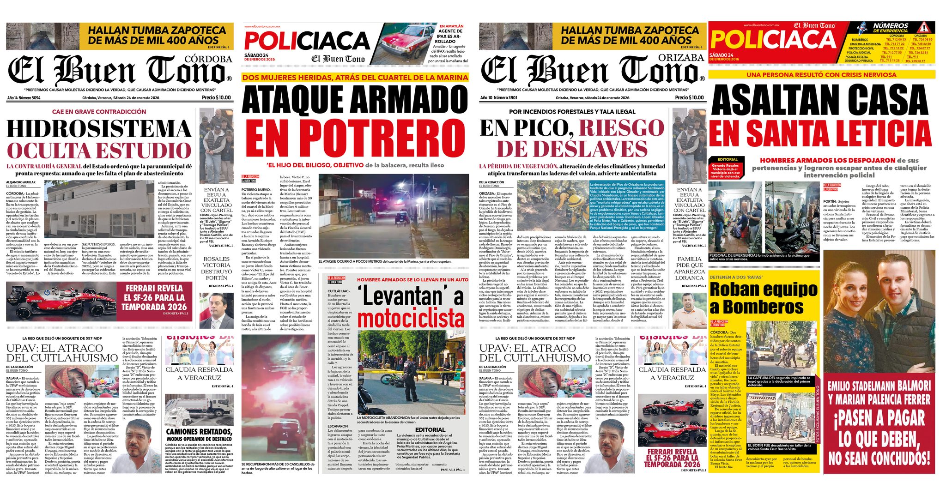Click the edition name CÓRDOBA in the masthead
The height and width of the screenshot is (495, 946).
point(208,59)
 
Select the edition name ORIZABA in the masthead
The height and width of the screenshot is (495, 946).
point(681,58)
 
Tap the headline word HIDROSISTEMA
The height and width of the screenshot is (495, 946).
point(99,129)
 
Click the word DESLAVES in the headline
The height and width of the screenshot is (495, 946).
point(573,149)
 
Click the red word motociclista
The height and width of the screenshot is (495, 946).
point(411,319)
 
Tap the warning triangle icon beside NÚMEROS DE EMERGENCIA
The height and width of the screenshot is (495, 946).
point(923,27)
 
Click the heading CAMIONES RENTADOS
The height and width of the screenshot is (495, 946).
point(199,432)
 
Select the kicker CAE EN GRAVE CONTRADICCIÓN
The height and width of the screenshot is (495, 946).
point(99,112)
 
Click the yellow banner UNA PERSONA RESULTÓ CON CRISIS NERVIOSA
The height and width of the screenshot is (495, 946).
point(821,75)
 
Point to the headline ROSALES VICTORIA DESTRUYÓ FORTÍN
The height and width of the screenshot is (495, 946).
point(217,268)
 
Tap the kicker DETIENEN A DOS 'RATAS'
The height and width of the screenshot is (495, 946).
point(736,277)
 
